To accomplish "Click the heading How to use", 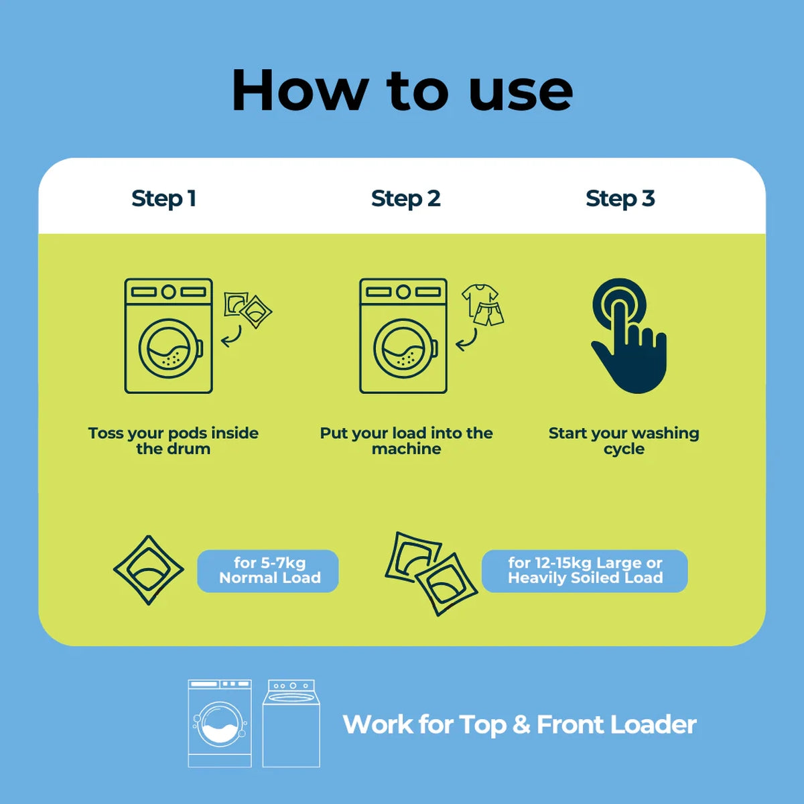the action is tap(402, 91).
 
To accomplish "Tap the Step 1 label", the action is tap(163, 198).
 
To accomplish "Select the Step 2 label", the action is tap(405, 198).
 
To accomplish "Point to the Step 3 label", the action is tap(620, 198).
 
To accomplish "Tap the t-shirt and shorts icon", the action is tap(482, 305).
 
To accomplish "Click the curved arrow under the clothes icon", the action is tap(468, 340).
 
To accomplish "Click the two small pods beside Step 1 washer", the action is tap(248, 309).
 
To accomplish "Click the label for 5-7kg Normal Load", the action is tap(269, 570).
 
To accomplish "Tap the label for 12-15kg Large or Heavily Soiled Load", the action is tap(585, 570).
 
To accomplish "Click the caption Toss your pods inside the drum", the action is tap(173, 441).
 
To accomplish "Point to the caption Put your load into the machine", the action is tap(406, 441).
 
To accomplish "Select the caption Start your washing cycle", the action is tap(624, 441).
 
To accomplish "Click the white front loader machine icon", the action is tap(220, 723).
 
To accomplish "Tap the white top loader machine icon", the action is tap(291, 723).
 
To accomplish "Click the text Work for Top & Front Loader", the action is tap(519, 725).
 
